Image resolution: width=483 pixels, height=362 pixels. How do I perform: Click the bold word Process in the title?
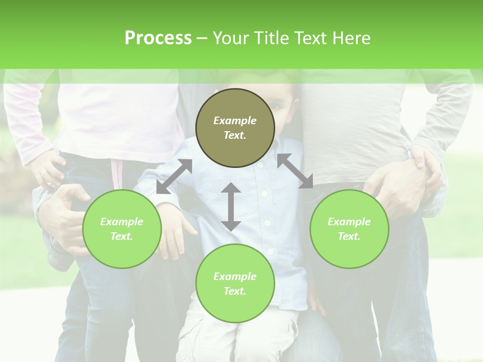point(158,38)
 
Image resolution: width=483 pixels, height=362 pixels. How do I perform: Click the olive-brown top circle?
point(235,128)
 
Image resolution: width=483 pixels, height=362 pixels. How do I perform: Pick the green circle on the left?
point(122,229)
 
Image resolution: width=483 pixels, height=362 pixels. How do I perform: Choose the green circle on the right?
point(349,229)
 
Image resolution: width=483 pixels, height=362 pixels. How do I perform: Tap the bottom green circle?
point(235,283)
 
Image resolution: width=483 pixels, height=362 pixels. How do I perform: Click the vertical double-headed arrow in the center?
point(231,207)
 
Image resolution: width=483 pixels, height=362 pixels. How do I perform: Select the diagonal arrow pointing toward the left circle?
point(174,176)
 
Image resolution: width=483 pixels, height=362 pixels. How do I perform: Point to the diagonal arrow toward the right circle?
point(295,171)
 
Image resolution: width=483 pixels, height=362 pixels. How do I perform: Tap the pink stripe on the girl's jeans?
point(117,173)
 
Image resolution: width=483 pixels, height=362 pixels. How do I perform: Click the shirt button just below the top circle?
point(260,164)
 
